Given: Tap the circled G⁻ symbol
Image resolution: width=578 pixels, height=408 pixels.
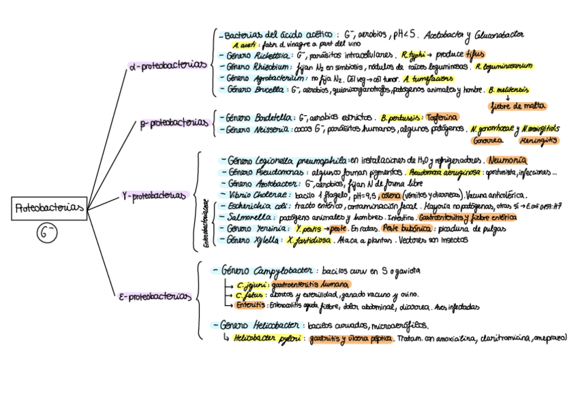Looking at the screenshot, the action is pos(47,234).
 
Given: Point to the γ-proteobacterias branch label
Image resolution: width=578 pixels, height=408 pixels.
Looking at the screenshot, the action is pos(153,195).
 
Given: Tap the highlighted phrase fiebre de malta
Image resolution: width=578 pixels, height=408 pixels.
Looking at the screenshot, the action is pos(518,106).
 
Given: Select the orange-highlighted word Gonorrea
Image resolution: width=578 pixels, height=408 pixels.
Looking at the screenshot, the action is pos(488,140).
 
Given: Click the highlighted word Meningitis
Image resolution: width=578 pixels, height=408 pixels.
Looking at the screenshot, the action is pos(538,140).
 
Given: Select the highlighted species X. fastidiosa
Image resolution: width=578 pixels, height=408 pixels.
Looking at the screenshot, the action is pos(309,240).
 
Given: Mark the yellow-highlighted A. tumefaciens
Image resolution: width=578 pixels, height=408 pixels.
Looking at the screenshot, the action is pos(429,78).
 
